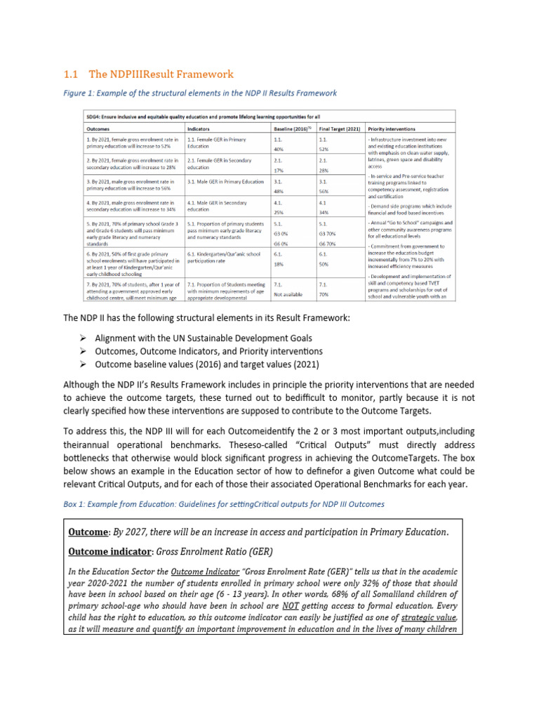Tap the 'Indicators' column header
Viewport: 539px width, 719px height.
pyautogui.click(x=201, y=129)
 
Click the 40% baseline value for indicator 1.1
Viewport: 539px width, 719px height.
pyautogui.click(x=279, y=149)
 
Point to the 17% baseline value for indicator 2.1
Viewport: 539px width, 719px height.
pyautogui.click(x=279, y=171)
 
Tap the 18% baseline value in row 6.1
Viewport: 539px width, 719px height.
pyautogui.click(x=279, y=264)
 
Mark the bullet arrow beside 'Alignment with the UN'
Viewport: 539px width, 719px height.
pyautogui.click(x=81, y=337)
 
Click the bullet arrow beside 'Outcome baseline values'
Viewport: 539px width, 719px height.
pyautogui.click(x=81, y=364)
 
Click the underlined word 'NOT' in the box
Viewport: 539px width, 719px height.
pyautogui.click(x=292, y=605)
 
